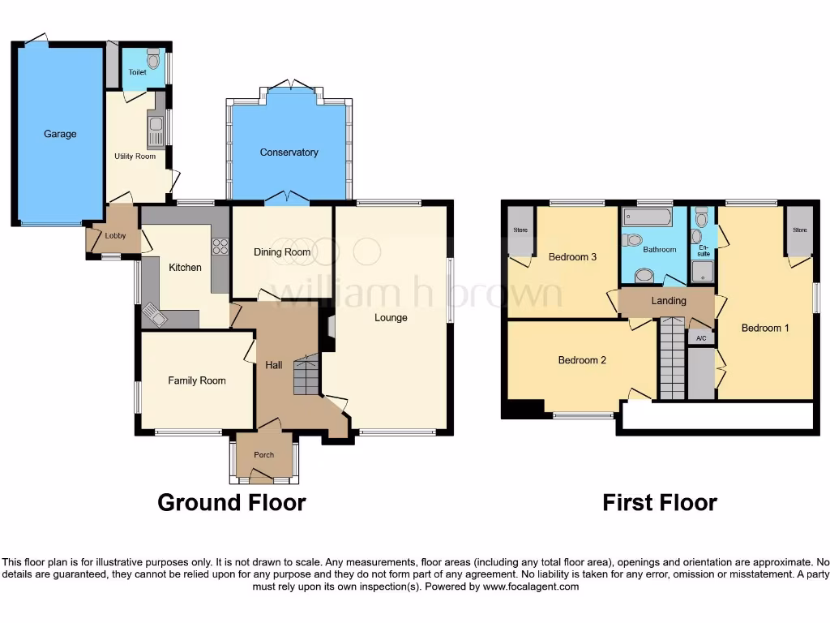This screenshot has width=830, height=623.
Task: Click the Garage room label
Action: click(60, 134)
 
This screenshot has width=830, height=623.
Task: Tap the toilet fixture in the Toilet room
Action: click(153, 59)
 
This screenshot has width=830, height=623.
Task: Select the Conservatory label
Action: click(289, 153)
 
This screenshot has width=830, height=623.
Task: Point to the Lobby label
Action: click(115, 236)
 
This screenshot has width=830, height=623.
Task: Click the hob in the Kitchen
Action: click(220, 245)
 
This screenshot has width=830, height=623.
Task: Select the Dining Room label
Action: click(282, 252)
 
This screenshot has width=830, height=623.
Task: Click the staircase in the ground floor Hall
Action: click(306, 374)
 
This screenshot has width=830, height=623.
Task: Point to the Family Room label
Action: click(197, 380)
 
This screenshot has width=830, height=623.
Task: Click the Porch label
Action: click(264, 455)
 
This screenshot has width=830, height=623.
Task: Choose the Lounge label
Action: click(391, 318)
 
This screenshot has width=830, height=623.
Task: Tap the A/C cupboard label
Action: click(701, 338)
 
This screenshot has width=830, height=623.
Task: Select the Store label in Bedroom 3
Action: click(520, 230)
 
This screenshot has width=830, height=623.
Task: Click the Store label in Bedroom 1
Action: click(800, 230)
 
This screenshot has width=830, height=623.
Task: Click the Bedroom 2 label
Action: click(582, 360)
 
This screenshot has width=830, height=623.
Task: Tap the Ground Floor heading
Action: click(231, 503)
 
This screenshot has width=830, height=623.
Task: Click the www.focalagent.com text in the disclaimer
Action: click(531, 586)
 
